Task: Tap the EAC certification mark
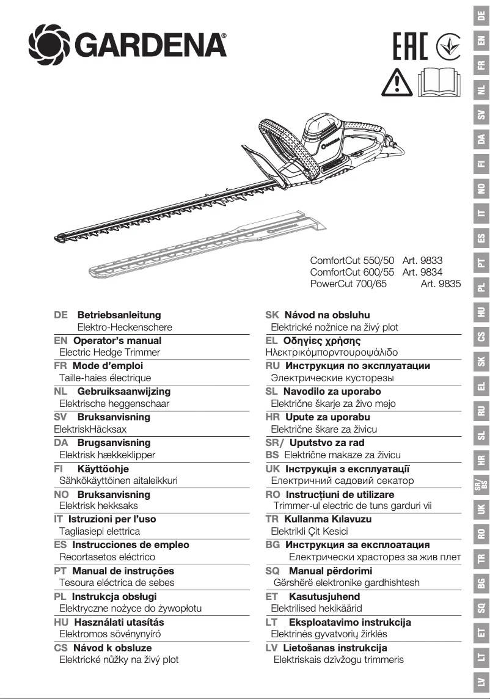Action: (x=411, y=46)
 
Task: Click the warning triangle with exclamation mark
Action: (x=397, y=82)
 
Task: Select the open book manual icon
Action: (x=437, y=82)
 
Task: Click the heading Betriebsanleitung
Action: (x=119, y=315)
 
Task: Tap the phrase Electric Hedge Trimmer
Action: (x=109, y=353)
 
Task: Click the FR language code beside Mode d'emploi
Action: (x=60, y=366)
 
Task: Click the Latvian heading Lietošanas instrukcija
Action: (x=335, y=648)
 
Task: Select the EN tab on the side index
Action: (x=481, y=40)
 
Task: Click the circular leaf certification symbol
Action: (x=448, y=46)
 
